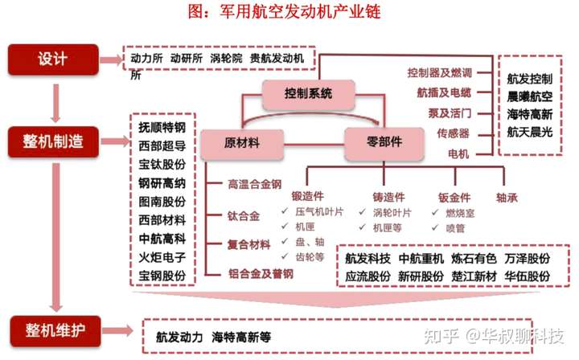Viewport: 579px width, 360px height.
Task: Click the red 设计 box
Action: click(x=52, y=59)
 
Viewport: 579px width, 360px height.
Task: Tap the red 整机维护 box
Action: click(x=52, y=329)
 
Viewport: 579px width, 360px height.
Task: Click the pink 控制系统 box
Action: click(x=308, y=94)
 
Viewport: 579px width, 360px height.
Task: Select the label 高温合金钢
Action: click(x=254, y=185)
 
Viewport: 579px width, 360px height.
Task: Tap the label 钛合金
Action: click(x=243, y=215)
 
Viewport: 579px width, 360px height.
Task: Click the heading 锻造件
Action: click(x=308, y=196)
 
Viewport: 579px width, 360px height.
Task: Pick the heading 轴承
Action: click(x=507, y=196)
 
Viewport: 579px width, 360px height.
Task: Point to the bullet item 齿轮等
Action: click(x=309, y=257)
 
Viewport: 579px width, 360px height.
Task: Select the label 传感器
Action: click(x=453, y=133)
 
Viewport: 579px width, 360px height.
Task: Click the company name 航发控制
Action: click(x=530, y=80)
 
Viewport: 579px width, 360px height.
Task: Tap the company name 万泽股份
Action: click(x=528, y=259)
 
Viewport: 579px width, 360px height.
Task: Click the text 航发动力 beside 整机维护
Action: click(x=179, y=337)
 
